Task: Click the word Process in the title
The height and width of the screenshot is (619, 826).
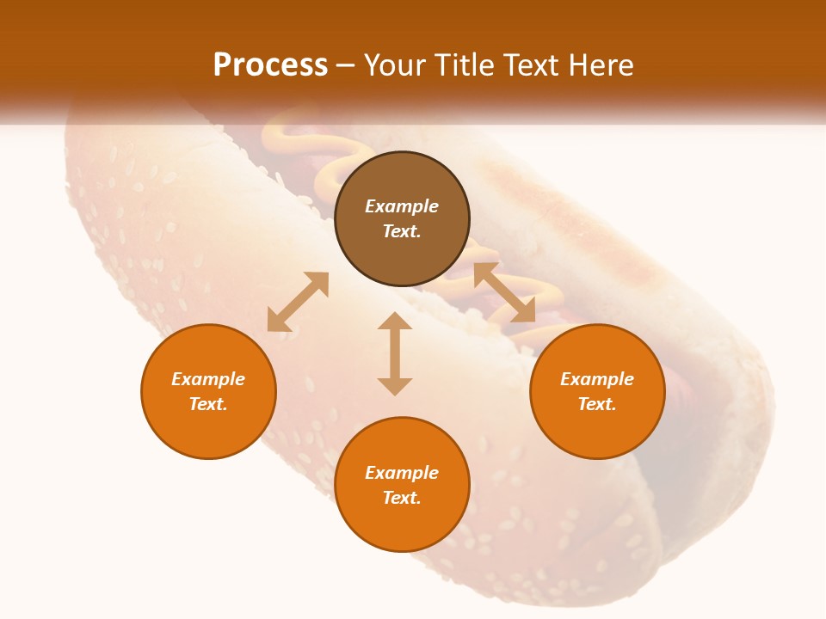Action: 270,65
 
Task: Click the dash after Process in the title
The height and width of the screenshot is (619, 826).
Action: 346,66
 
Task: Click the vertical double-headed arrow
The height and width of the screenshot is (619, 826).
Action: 395,353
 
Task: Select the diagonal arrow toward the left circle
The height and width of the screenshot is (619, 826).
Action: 298,302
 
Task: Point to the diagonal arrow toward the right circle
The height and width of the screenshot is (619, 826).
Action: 505,292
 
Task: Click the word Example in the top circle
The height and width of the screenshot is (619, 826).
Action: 402,206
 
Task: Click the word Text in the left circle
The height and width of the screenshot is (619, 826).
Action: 208,404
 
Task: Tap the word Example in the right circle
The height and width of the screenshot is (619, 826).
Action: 597,379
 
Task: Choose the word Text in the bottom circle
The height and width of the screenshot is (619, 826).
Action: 402,498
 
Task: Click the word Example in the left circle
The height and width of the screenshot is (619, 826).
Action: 208,379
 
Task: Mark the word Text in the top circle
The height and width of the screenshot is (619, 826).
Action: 402,231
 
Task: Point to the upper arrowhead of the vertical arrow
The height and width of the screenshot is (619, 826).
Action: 395,321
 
